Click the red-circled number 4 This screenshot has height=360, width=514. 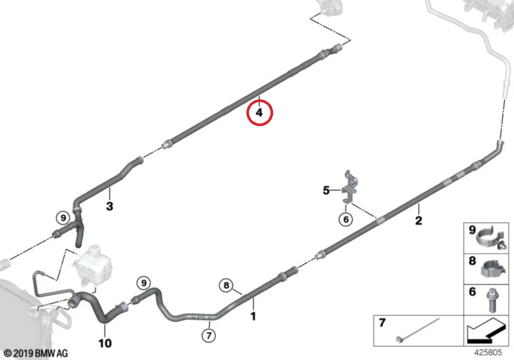(259, 113)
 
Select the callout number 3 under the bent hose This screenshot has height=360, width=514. (110, 206)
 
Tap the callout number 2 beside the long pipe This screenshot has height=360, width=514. (418, 221)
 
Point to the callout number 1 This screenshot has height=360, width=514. (253, 317)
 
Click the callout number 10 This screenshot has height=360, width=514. (105, 343)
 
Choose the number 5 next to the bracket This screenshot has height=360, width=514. (326, 190)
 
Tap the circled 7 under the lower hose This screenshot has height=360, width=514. (209, 336)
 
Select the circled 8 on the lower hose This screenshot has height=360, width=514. (227, 285)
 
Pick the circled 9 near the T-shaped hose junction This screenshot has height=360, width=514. (63, 218)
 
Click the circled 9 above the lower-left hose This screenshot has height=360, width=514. (144, 283)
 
